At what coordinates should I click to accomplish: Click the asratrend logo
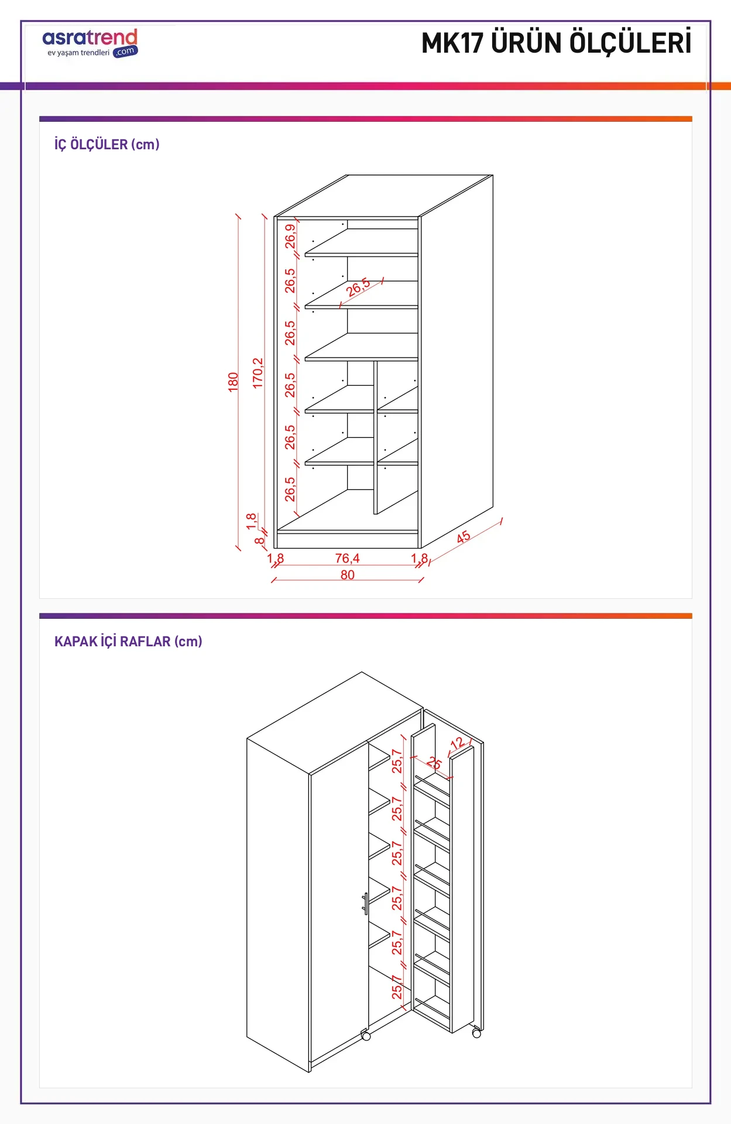tap(90, 43)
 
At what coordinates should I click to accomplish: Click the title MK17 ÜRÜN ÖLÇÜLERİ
tap(556, 43)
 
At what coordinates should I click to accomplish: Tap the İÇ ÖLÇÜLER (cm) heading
tap(107, 145)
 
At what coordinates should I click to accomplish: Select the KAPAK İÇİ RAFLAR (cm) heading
tap(128, 641)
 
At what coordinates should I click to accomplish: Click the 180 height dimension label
tap(234, 382)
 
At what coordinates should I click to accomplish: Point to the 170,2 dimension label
tap(258, 373)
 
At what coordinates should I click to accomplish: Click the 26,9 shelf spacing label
tap(290, 237)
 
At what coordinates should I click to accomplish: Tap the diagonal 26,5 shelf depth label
tap(358, 287)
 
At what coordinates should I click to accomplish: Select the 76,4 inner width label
tap(347, 558)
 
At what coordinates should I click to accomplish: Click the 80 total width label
tap(347, 575)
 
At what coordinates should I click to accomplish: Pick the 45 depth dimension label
tap(463, 537)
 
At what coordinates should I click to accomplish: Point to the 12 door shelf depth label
tap(457, 743)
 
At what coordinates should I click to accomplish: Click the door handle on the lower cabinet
tap(365, 904)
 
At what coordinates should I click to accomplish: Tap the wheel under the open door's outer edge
tap(476, 1034)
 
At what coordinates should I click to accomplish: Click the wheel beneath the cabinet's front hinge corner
tap(366, 1036)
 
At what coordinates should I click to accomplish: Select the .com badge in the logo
tap(125, 52)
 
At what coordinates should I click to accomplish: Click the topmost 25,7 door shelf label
tap(397, 761)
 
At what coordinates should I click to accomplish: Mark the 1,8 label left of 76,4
tap(276, 558)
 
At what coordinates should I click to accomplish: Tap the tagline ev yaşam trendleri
tap(78, 53)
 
